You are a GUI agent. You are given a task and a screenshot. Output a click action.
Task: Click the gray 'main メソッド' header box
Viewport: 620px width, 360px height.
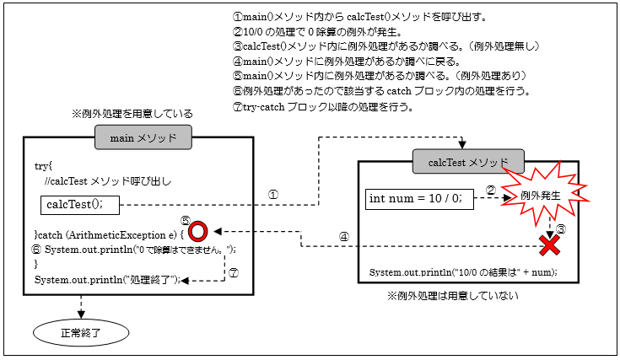click(143, 137)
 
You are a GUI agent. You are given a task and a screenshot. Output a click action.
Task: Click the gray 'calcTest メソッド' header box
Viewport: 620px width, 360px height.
click(468, 161)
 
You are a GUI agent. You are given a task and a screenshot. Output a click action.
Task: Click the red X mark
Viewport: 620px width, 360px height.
click(551, 245)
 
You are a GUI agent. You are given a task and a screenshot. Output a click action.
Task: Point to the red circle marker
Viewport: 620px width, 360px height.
click(198, 230)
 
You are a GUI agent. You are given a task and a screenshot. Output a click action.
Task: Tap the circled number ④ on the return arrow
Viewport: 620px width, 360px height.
click(343, 237)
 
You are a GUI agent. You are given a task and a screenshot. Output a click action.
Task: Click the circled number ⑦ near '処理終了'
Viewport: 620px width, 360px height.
click(235, 272)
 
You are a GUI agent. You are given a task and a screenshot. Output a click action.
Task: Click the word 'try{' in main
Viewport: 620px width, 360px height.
click(44, 166)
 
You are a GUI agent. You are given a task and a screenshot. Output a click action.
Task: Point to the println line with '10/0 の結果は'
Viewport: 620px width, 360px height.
click(463, 273)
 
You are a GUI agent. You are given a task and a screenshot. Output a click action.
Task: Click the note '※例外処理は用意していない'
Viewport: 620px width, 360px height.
click(452, 296)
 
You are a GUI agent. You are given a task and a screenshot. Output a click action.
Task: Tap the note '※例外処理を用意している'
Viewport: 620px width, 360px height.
click(132, 113)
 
